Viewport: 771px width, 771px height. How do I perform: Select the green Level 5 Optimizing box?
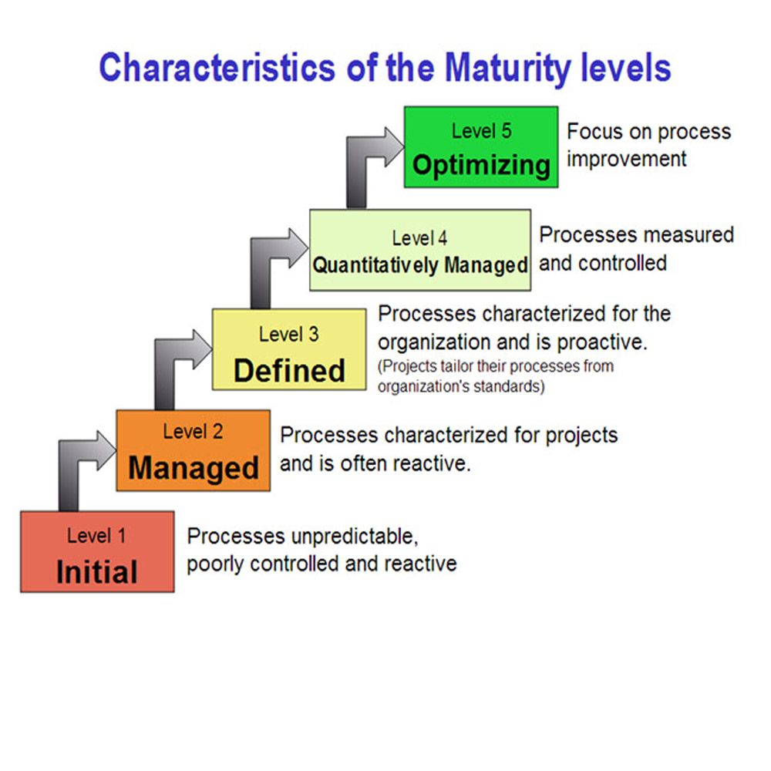(481, 146)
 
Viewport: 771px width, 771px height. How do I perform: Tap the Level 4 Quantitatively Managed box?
(420, 250)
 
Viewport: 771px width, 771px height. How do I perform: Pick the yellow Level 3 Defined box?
(289, 349)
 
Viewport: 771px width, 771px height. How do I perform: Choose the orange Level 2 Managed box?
(194, 450)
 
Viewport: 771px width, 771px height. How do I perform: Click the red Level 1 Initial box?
(97, 552)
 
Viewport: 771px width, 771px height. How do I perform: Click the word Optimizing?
(481, 165)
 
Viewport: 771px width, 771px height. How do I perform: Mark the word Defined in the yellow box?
(289, 370)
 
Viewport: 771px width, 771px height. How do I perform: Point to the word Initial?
(97, 572)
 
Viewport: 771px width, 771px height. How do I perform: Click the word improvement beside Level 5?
(626, 160)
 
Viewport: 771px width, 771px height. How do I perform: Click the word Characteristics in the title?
(217, 68)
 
